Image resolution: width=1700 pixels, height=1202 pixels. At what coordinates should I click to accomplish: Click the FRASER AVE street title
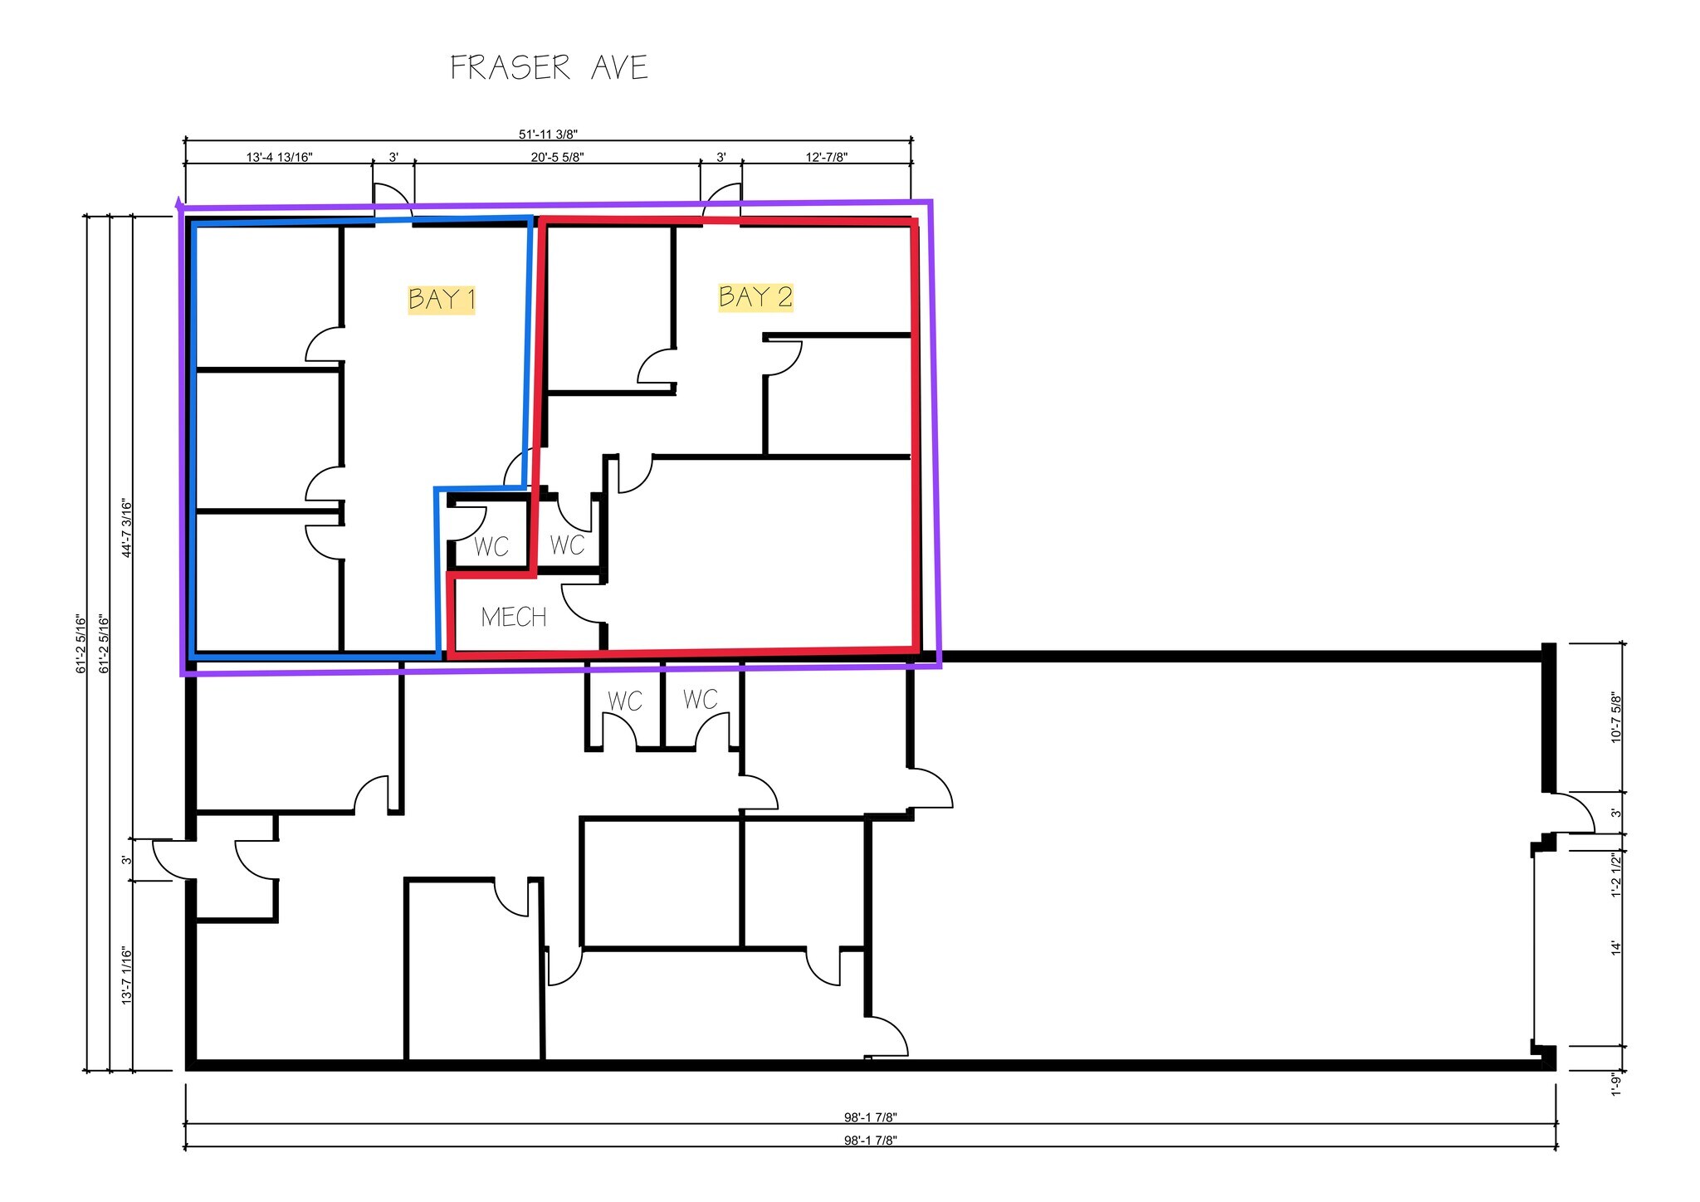[549, 68]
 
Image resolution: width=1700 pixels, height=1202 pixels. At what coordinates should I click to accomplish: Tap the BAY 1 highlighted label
[442, 299]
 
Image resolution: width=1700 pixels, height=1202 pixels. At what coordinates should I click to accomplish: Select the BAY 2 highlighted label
[755, 297]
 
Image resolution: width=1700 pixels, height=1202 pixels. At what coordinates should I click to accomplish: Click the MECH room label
[514, 617]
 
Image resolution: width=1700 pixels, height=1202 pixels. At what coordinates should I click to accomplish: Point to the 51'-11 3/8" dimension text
[548, 134]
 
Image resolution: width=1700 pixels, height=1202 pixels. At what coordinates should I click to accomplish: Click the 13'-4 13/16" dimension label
[279, 157]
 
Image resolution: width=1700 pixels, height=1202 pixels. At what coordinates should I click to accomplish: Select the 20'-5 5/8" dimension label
[556, 157]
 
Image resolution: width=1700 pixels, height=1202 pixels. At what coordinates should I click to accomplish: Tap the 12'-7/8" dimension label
[826, 157]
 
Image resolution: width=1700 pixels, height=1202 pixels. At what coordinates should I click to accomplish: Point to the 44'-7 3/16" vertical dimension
[127, 528]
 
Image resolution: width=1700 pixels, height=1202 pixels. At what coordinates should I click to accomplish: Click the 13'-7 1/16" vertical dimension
[127, 975]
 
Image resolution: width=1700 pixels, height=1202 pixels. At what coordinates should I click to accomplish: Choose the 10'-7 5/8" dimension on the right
[1615, 716]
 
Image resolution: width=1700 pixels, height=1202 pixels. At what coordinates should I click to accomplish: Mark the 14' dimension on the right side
[1615, 948]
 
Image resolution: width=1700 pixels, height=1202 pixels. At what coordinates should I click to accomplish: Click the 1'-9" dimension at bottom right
[1615, 1084]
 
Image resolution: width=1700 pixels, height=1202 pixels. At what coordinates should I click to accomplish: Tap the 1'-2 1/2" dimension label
[1615, 875]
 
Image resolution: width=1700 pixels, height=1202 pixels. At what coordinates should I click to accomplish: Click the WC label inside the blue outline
[491, 547]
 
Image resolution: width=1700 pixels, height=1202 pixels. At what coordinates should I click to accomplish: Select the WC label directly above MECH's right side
[567, 545]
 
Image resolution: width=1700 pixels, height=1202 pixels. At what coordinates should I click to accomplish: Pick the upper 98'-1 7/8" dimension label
[870, 1116]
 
